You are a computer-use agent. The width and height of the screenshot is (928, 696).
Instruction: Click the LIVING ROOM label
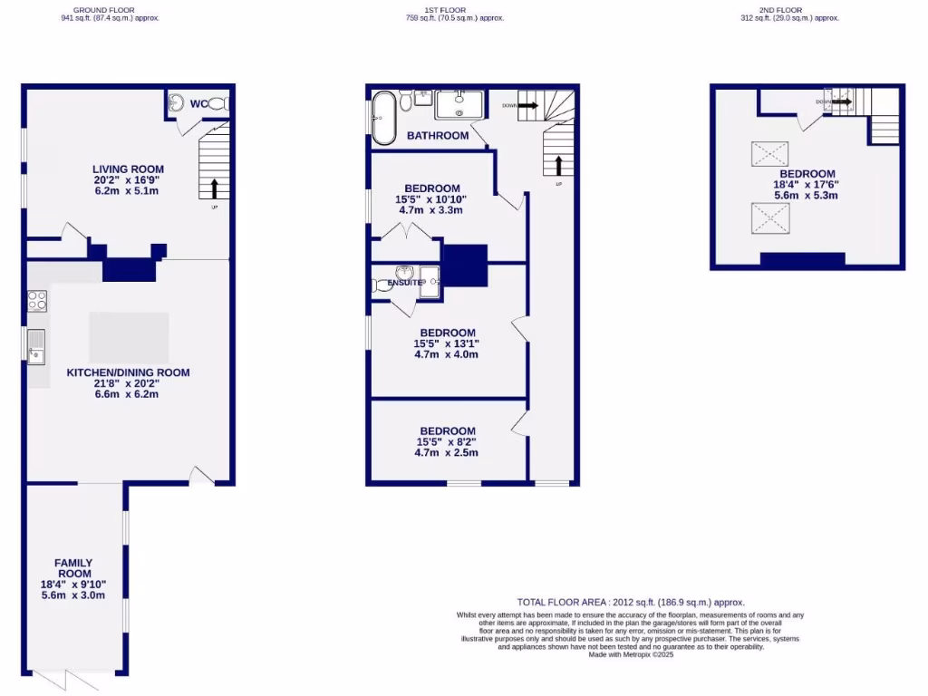tap(128, 168)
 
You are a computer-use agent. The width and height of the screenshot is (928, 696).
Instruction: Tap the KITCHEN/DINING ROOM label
tap(128, 372)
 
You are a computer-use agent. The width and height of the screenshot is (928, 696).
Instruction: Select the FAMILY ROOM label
tap(72, 568)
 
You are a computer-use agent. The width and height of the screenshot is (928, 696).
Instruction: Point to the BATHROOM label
tap(438, 136)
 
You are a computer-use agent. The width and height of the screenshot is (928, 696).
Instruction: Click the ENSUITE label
tap(405, 283)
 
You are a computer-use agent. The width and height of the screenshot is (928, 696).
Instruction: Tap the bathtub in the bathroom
tap(382, 117)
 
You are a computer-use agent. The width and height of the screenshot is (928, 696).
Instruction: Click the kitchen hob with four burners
tap(37, 300)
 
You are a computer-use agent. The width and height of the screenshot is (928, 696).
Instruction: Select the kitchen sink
tap(36, 345)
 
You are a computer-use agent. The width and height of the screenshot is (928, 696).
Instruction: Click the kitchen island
tap(129, 337)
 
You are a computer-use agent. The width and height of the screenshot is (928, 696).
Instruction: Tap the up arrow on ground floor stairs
tap(215, 188)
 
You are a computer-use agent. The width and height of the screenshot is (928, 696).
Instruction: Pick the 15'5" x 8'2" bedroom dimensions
tap(446, 442)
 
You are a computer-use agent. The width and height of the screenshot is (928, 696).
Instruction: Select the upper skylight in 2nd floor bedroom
tap(769, 153)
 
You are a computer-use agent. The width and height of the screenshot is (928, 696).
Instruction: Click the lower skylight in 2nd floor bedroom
tap(769, 217)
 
